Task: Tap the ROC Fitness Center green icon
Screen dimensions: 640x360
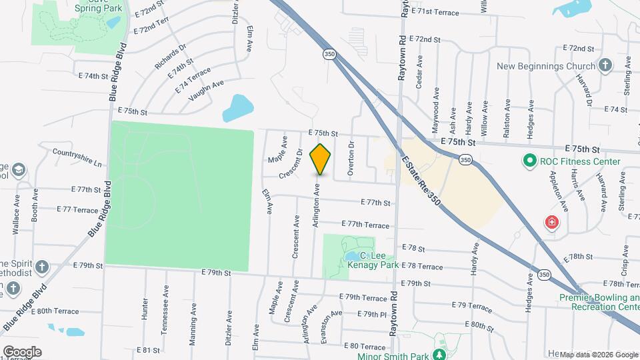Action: tap(530, 161)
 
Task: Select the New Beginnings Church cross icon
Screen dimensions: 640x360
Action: tap(605, 66)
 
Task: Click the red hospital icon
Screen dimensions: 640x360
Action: tap(551, 223)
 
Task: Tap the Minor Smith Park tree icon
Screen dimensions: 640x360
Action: tap(439, 355)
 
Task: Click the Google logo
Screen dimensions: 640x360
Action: tap(22, 351)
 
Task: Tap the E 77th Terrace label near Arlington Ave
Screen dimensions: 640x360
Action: tap(365, 225)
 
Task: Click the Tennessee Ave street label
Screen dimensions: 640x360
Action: tap(165, 303)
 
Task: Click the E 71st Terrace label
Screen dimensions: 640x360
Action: tap(435, 12)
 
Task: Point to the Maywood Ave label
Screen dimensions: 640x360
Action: tap(437, 103)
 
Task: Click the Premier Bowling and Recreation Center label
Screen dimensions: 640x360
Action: tap(599, 302)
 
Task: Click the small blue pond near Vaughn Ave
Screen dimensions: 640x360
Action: tap(238, 107)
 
